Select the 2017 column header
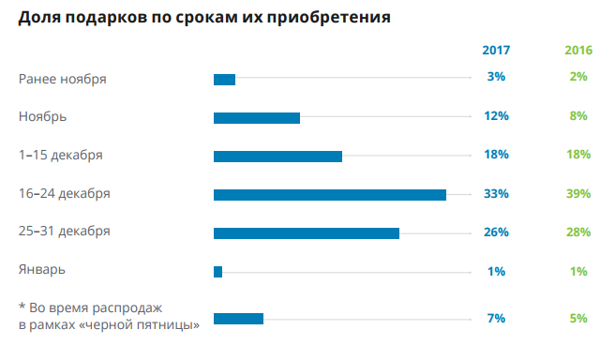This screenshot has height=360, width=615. pos(496,50)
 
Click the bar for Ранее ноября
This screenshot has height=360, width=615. pos(224,79)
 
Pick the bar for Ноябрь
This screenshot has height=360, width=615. pos(257,118)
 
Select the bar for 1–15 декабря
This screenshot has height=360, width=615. pos(277,157)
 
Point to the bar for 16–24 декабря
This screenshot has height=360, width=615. pos(329,195)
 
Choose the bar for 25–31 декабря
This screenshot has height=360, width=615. pos(307,233)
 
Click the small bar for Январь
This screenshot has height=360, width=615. pos(218,272)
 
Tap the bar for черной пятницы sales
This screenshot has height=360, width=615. pos(238,319)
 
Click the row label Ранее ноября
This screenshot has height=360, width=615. pos(63,78)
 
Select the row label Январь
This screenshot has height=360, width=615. pos(42,270)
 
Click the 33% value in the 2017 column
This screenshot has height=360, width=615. pos(497,194)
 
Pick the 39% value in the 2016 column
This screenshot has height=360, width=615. pos(578,194)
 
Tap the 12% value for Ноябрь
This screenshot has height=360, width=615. pos(497,116)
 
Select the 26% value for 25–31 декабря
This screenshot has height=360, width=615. pos(497,232)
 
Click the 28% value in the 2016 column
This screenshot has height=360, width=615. pos(578,232)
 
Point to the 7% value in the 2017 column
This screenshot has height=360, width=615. pos(497,319)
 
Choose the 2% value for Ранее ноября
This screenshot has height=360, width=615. pos(578,77)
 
